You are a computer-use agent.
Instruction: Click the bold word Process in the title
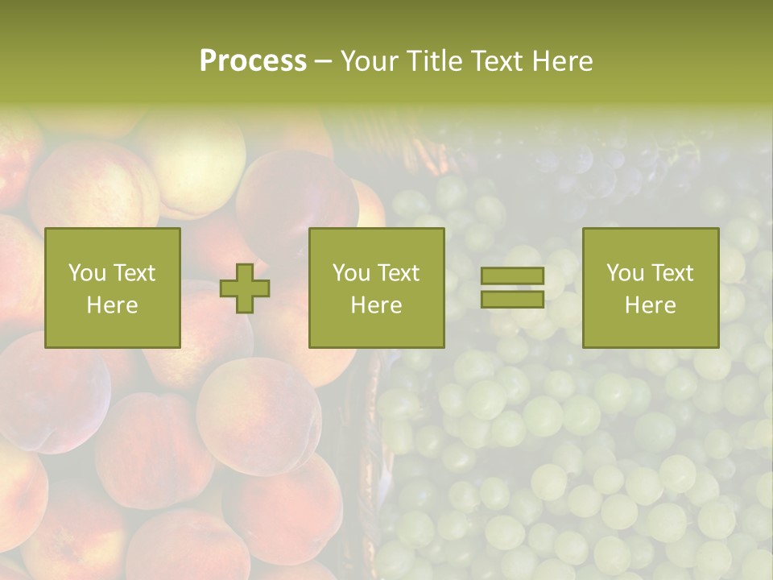point(253,61)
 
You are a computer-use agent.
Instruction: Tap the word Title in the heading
point(435,61)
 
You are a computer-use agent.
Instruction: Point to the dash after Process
point(322,62)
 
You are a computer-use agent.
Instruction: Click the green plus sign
point(245,288)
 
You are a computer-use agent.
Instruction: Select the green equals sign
point(512,288)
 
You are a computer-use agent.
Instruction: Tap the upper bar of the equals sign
point(512,275)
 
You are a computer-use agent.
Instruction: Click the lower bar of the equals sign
point(512,300)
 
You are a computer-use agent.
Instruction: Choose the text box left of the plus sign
point(113,288)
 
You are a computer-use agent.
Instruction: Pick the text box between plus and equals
point(376,288)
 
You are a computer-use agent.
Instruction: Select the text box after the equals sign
point(651,288)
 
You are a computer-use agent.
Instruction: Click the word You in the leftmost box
point(86,273)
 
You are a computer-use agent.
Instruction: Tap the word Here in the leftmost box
point(113,305)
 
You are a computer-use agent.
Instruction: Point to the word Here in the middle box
point(376,305)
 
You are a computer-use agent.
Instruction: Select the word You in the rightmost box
point(624,273)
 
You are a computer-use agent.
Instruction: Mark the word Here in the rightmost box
point(651,305)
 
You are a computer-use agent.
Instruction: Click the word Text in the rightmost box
point(672,273)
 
